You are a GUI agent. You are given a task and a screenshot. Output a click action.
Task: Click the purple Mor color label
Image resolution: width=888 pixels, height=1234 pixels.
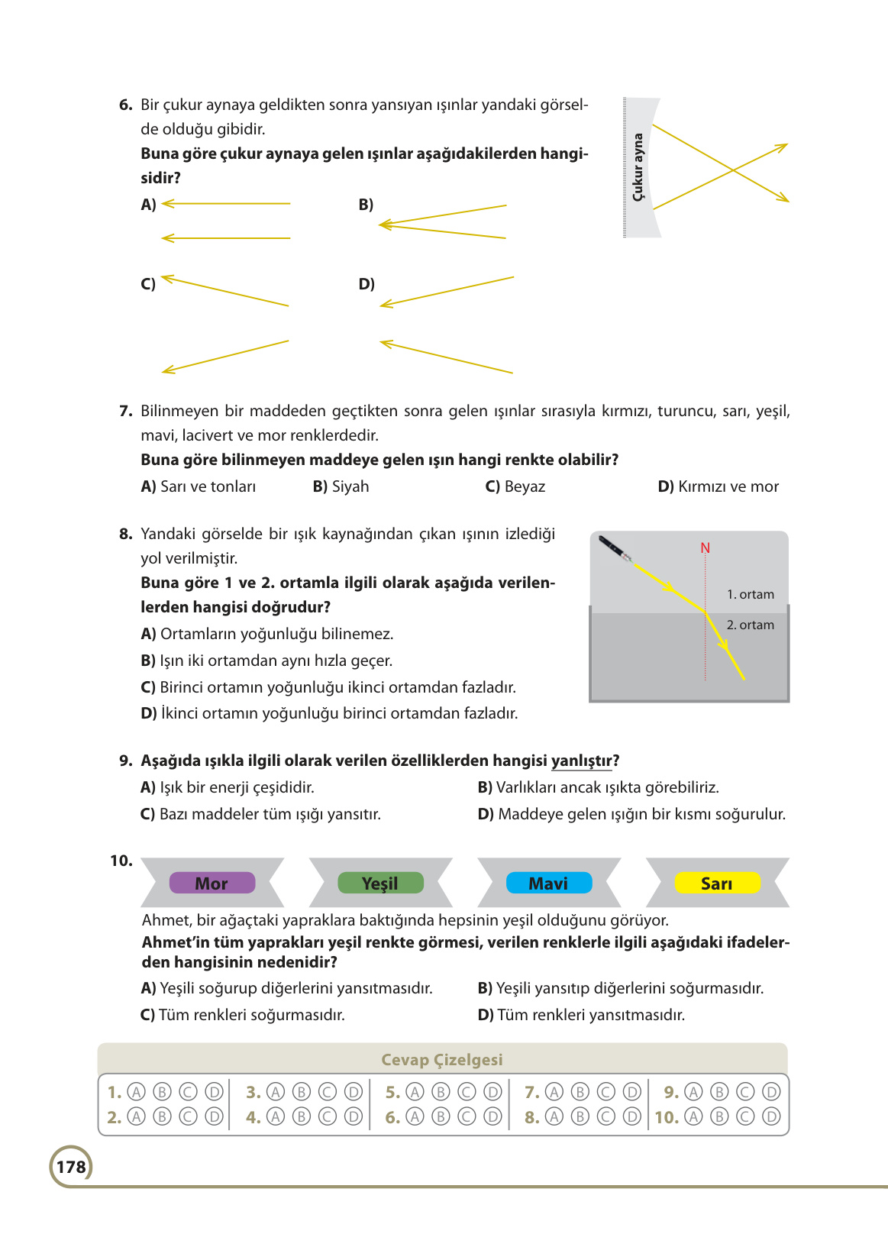(212, 883)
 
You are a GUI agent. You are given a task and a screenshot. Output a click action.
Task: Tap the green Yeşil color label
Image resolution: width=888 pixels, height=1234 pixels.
(380, 883)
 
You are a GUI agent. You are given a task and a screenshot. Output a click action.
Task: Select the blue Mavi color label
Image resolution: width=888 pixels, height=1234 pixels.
(548, 883)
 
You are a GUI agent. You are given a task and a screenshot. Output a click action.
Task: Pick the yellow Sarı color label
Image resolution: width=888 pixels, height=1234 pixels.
(717, 883)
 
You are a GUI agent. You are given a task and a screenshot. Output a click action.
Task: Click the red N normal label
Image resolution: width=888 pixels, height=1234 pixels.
(705, 548)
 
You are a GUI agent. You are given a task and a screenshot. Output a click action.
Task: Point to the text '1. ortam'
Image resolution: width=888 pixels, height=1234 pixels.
(750, 594)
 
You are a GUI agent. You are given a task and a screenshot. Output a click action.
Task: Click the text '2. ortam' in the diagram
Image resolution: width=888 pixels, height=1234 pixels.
(750, 625)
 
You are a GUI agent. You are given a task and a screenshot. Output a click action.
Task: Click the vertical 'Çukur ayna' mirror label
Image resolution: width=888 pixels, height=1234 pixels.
(638, 167)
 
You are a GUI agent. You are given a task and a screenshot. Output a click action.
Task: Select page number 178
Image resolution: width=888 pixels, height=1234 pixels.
(71, 1167)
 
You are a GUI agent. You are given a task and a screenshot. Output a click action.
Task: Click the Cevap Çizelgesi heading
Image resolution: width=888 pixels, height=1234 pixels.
(441, 1059)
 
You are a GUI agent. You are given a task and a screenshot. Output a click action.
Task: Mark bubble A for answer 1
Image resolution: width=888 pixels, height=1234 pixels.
(136, 1092)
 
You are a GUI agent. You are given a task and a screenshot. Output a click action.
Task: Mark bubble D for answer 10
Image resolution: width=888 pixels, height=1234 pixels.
(772, 1117)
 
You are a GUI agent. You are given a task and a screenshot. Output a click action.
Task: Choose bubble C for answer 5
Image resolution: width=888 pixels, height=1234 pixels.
(467, 1092)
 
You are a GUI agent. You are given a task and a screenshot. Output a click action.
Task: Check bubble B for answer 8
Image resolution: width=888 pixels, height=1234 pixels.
(580, 1117)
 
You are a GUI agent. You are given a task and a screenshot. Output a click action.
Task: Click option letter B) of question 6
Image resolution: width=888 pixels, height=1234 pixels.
(366, 205)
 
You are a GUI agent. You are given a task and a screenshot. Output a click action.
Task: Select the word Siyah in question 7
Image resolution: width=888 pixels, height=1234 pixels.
(350, 486)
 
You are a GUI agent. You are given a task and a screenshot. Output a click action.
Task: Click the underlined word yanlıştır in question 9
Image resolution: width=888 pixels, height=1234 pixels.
(582, 761)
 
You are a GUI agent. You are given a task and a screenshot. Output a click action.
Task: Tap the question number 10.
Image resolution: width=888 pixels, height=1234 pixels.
(121, 861)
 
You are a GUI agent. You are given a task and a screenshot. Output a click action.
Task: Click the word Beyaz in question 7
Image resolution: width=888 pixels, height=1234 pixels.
(525, 486)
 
